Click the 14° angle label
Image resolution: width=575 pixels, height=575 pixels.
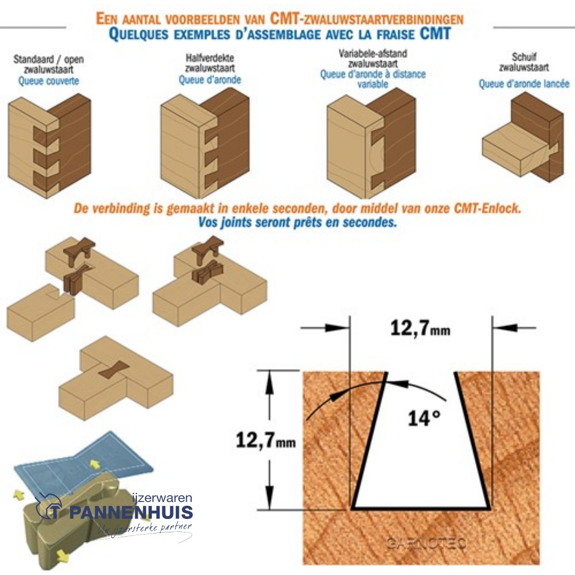(424, 418)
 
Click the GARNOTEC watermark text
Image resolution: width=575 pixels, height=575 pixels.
(425, 543)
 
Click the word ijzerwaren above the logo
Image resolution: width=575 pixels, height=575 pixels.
(162, 498)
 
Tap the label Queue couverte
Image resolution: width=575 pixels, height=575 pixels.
(48, 81)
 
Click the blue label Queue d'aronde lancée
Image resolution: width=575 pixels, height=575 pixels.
(524, 84)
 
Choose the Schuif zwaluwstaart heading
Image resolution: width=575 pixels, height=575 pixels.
(524, 62)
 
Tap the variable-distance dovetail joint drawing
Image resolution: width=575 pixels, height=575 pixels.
(371, 143)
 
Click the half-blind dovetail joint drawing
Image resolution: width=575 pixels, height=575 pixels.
(206, 143)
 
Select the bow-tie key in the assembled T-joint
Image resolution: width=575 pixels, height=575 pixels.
(115, 368)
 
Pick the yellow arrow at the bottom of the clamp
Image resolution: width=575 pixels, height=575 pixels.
(63, 556)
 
